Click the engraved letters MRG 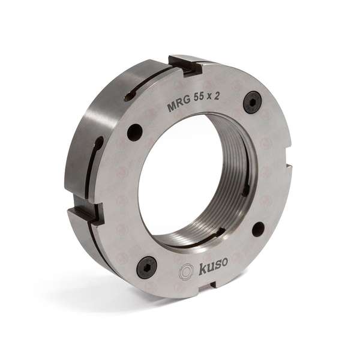pyautogui.click(x=179, y=106)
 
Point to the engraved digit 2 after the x pyautogui.click(x=216, y=97)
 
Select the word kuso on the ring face pyautogui.click(x=212, y=266)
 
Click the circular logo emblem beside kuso pyautogui.click(x=186, y=272)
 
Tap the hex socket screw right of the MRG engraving pyautogui.click(x=252, y=103)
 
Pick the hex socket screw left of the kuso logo pyautogui.click(x=146, y=268)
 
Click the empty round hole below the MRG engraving pyautogui.click(x=135, y=132)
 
